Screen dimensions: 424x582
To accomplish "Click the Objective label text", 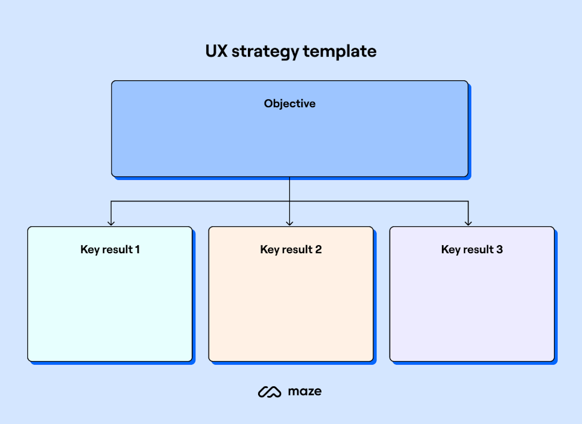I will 290,103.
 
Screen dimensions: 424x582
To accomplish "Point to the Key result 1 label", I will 110,249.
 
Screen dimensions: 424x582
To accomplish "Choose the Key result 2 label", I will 291,249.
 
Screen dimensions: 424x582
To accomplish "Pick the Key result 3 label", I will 472,249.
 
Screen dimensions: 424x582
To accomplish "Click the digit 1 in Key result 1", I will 137,249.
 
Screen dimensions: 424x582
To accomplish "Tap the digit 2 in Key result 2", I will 318,249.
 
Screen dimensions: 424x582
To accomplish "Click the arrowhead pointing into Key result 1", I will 111,222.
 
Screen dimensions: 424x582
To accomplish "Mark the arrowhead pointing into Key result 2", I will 289,222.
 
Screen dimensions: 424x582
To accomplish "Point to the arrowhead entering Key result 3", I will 468,222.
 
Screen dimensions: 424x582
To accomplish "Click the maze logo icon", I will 269,392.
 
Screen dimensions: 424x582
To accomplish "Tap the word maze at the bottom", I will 304,392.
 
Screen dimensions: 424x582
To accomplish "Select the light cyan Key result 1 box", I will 110,307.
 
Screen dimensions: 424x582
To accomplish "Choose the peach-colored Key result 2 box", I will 291,307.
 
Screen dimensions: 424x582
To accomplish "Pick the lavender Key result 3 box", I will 472,307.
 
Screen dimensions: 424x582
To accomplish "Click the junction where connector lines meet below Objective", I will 289,201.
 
